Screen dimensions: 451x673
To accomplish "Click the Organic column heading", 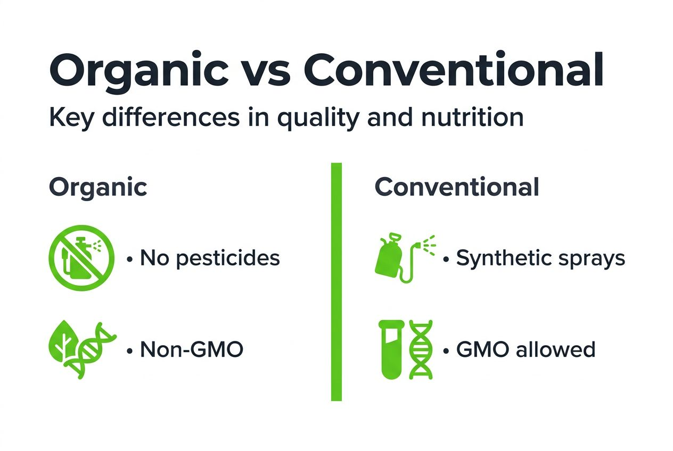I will [x=98, y=188].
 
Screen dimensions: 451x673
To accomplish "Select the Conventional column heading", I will [x=457, y=188].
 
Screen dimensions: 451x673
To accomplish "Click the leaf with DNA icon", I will [x=81, y=349].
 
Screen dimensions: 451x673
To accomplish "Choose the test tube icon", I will [x=391, y=349].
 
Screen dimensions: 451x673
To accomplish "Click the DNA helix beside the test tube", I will [x=421, y=349].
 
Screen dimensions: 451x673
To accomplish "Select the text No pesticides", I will [x=209, y=258].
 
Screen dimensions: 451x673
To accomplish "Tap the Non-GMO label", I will [x=191, y=350].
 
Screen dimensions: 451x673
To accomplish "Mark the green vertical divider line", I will [x=336, y=282].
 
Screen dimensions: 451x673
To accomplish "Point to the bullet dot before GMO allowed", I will [x=446, y=351].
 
